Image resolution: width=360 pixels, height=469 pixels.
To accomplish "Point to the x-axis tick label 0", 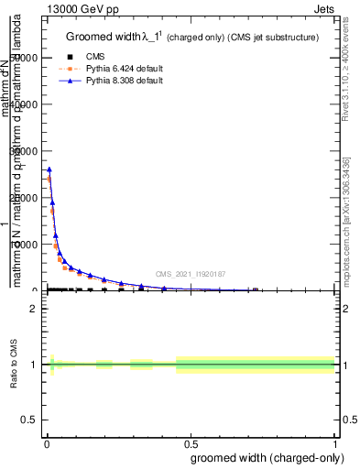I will pyautogui.click(x=46, y=442).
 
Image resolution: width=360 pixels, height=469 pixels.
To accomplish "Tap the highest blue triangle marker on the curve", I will pyautogui.click(x=49, y=169).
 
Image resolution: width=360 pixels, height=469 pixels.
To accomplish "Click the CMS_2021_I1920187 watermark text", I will pyautogui.click(x=191, y=274).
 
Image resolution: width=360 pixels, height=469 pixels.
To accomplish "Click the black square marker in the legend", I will pyautogui.click(x=58, y=56).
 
